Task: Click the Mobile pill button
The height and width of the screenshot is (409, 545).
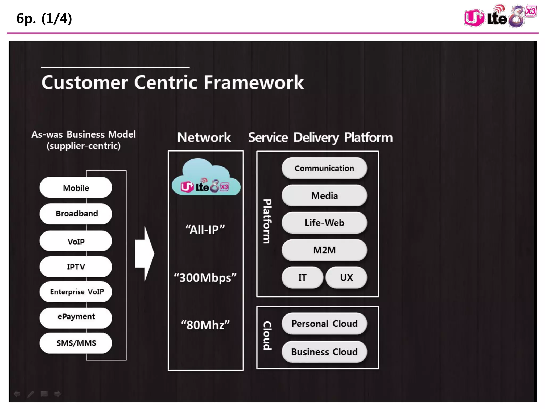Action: click(x=76, y=188)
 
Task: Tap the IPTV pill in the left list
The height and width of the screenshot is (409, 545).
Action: click(x=76, y=267)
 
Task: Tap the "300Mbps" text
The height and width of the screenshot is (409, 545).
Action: click(x=205, y=278)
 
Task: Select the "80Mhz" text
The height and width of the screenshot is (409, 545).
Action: click(x=205, y=325)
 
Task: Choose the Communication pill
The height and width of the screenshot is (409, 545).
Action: click(x=324, y=168)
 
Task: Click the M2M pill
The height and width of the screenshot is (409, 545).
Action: click(x=324, y=250)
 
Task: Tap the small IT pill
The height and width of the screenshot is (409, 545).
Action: click(x=302, y=277)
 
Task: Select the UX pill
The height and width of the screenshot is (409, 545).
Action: click(x=346, y=277)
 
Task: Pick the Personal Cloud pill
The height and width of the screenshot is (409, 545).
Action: click(x=324, y=324)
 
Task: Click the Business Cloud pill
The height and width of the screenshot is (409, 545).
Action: click(x=324, y=352)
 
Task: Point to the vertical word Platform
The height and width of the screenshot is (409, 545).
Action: click(x=267, y=221)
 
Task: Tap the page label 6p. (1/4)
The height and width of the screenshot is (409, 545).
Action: click(x=44, y=19)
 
